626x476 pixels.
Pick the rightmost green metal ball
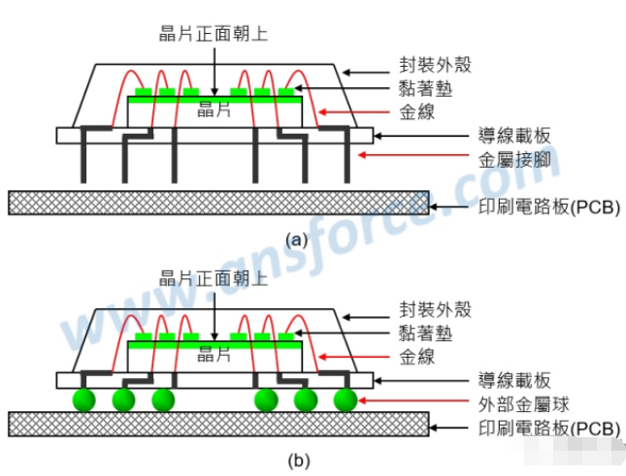click(344, 398)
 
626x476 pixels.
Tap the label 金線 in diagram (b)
click(416, 357)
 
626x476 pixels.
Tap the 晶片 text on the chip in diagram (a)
click(214, 108)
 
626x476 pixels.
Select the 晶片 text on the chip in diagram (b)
click(214, 354)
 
